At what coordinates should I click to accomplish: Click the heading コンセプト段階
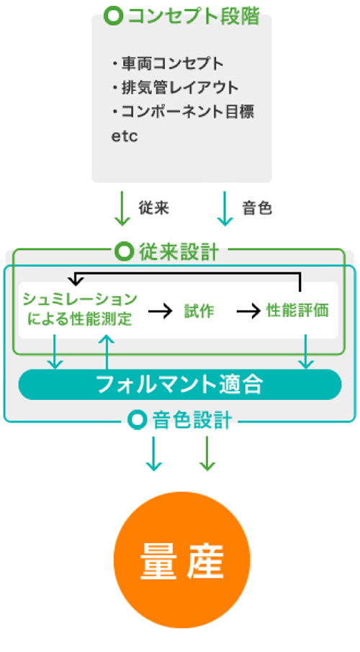(x=194, y=17)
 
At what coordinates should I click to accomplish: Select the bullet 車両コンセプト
(x=168, y=63)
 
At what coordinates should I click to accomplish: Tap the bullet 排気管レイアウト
(x=175, y=88)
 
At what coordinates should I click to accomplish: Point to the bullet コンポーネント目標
(x=183, y=112)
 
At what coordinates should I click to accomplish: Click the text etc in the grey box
(x=125, y=136)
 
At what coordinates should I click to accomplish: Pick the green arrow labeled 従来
(x=122, y=209)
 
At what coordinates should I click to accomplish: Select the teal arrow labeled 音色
(x=225, y=209)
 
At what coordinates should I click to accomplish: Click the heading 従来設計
(x=179, y=252)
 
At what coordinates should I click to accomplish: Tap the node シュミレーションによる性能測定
(x=80, y=309)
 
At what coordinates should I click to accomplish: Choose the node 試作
(x=199, y=311)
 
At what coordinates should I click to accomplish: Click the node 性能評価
(x=297, y=311)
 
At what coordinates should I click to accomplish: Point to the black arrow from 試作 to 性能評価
(x=248, y=311)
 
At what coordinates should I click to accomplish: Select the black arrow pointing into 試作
(x=160, y=311)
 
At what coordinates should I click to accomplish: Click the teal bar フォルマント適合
(x=180, y=385)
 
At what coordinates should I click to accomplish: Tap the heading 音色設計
(x=192, y=421)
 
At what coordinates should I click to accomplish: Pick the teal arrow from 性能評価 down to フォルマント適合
(x=306, y=352)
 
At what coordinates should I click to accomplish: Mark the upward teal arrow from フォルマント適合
(x=107, y=352)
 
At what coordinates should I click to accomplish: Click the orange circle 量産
(x=182, y=560)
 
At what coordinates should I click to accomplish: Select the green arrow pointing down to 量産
(x=207, y=454)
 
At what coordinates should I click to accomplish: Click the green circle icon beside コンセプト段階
(x=113, y=17)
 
